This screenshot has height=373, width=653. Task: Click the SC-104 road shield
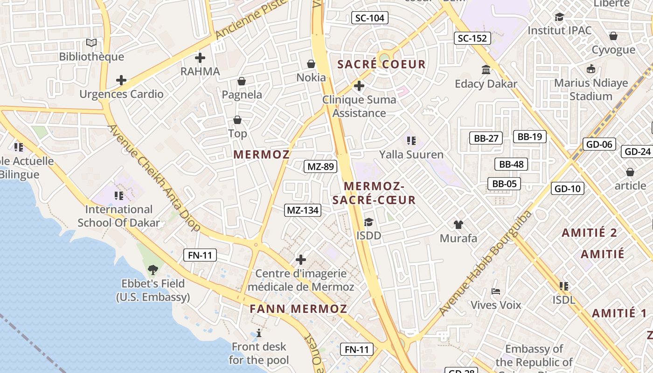coord(369,18)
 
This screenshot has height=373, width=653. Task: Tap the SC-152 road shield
coord(472,38)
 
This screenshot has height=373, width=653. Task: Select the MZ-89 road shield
coord(321,166)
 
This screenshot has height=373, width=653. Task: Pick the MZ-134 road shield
coord(303,210)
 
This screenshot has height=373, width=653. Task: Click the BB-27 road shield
coord(486,138)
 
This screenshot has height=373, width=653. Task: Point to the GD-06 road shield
coord(599,144)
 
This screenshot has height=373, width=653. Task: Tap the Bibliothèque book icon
coord(91,43)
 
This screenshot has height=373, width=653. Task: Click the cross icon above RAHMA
coord(200,58)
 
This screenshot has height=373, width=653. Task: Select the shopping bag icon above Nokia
coord(311,64)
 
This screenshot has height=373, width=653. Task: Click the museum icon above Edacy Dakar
coord(486,70)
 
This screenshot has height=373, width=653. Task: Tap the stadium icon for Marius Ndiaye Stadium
coord(591,69)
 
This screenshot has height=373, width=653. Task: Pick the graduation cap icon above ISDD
coord(369,222)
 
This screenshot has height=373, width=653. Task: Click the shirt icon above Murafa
coord(458,225)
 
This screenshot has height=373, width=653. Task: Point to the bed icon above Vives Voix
coord(496,291)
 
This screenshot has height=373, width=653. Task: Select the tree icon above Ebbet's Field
coord(153,269)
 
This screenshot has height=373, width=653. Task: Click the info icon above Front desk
coord(259,333)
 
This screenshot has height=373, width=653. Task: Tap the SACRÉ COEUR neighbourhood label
coord(382,64)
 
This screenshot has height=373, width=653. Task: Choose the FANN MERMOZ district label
coord(298,309)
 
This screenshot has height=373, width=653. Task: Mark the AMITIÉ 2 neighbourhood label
coord(590,233)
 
